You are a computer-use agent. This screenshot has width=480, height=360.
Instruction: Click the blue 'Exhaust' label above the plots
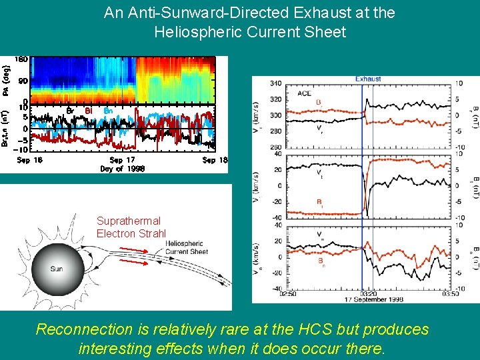368,79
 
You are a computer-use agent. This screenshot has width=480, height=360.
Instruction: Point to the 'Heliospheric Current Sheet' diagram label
187,247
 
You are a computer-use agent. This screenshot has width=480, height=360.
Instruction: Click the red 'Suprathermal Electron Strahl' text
129,227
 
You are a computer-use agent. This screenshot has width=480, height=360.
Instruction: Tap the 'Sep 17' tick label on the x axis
121,160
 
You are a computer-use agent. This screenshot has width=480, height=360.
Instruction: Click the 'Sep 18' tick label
215,160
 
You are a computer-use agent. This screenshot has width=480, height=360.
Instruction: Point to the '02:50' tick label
269,293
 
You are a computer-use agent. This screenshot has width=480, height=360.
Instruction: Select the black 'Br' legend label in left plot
69,110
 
